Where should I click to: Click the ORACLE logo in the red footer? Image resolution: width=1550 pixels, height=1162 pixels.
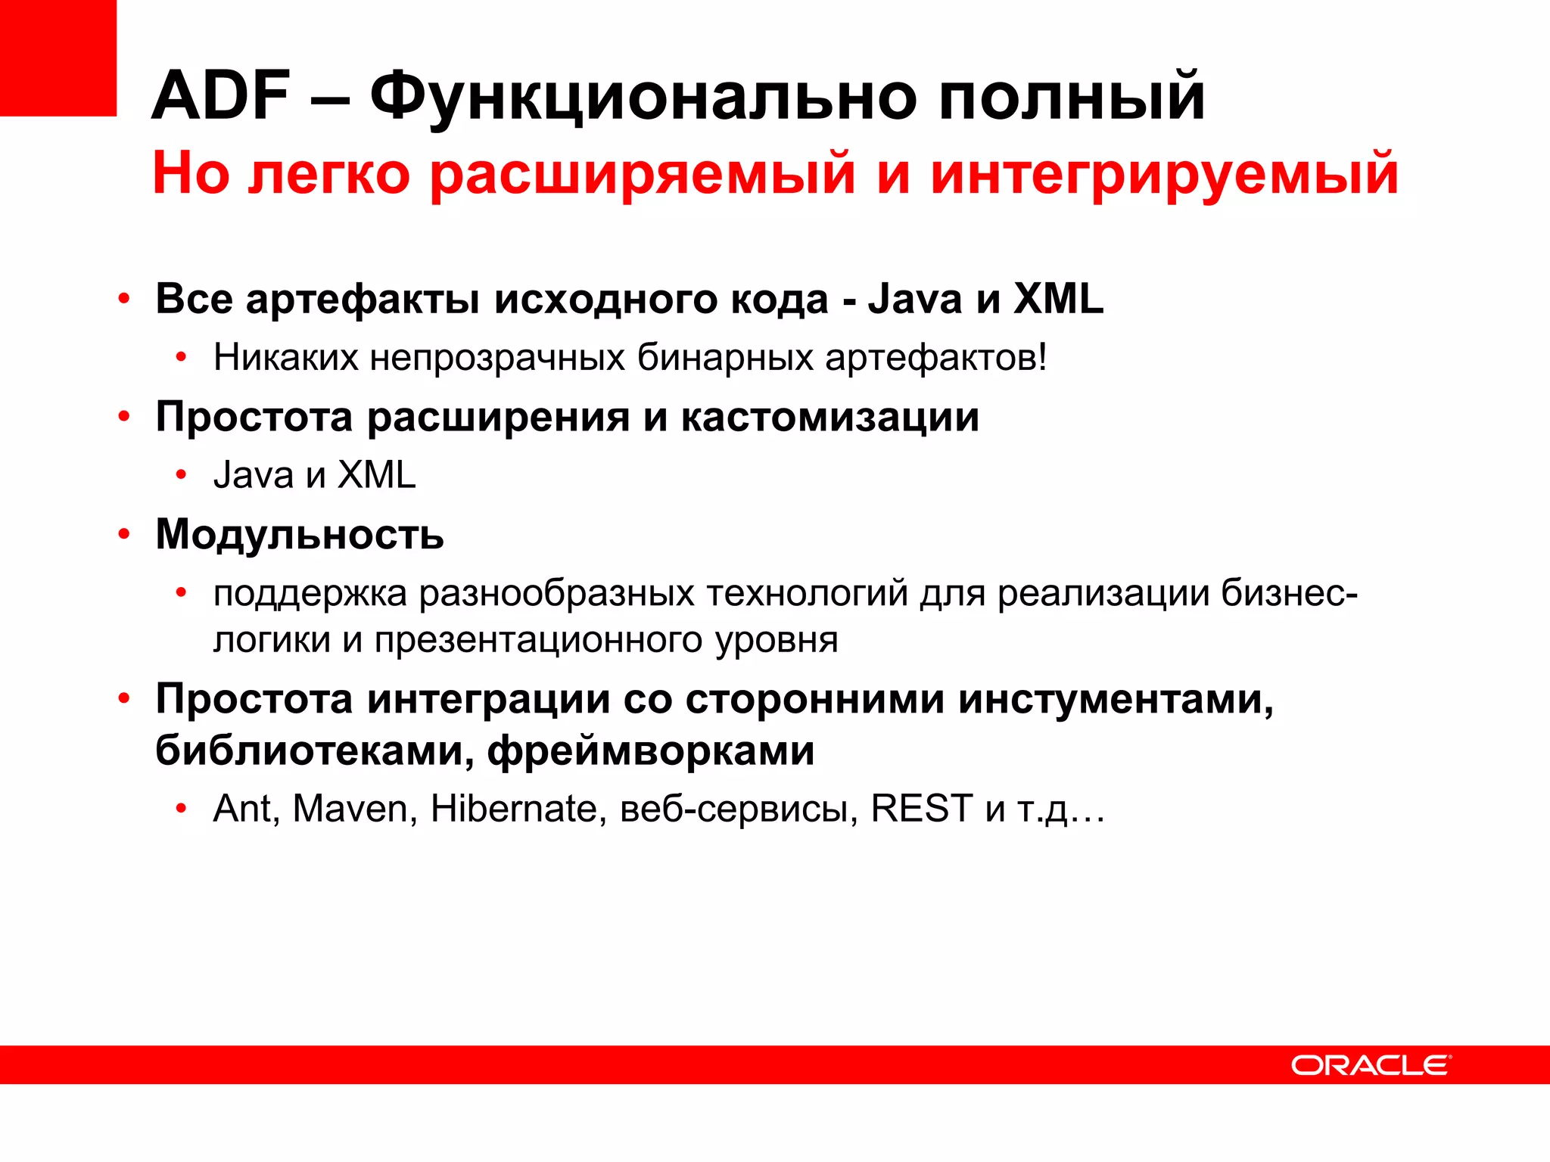point(1370,1065)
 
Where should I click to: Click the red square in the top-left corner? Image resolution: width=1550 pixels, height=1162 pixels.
point(58,57)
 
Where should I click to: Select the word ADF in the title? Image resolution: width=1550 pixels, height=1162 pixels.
point(221,96)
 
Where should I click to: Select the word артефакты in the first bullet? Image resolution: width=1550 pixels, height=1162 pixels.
point(363,300)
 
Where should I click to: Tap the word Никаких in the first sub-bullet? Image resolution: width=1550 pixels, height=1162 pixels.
point(285,357)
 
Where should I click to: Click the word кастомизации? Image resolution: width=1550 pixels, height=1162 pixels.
point(829,418)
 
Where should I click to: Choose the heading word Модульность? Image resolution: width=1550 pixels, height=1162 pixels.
point(300,535)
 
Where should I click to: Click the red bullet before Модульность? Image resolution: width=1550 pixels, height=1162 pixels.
point(124,534)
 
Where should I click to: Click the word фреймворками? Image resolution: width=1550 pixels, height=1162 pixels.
point(650,751)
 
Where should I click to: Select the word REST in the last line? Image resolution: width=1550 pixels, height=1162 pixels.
point(921,809)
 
